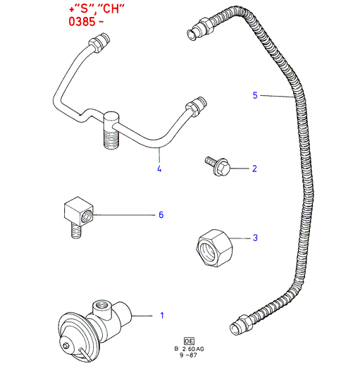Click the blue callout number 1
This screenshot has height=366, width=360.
click(x=162, y=315)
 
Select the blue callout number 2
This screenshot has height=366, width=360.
click(x=254, y=169)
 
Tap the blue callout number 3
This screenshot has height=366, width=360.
click(x=255, y=238)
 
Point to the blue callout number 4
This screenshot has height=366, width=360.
click(x=159, y=169)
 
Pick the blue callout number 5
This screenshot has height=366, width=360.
click(x=255, y=95)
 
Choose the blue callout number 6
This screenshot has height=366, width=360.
click(x=161, y=214)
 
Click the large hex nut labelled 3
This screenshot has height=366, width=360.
click(x=214, y=248)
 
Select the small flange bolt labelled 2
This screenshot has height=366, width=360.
click(x=217, y=166)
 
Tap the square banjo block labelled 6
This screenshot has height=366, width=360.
click(x=79, y=211)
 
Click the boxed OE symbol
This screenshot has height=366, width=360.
click(x=189, y=341)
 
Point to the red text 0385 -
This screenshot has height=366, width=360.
click(x=86, y=21)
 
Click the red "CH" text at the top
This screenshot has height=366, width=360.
click(x=111, y=9)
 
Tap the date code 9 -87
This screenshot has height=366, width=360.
click(x=188, y=355)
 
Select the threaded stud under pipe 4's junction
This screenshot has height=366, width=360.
click(x=111, y=139)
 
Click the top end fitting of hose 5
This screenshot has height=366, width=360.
click(x=200, y=29)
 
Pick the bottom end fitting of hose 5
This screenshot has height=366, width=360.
click(x=241, y=324)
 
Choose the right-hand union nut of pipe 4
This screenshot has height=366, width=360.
click(x=196, y=106)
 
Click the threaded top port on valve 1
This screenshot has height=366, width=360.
click(x=101, y=305)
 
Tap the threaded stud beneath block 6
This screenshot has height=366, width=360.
click(x=77, y=231)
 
